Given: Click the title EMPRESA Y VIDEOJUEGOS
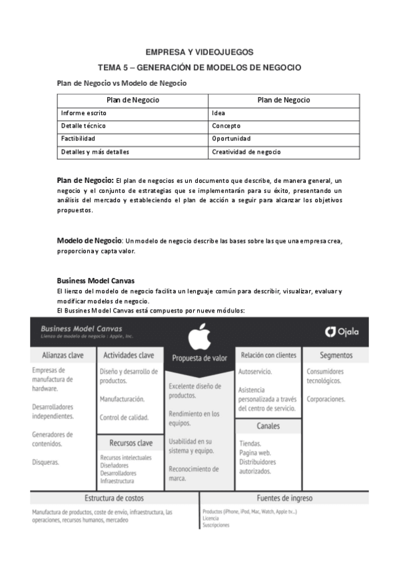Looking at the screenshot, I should (x=200, y=52).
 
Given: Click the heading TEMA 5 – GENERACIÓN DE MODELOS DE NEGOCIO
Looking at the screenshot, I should (x=200, y=67).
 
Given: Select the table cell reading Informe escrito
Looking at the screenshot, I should (x=83, y=113).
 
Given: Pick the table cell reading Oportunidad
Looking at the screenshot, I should (x=231, y=138).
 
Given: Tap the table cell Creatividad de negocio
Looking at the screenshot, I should (x=246, y=152).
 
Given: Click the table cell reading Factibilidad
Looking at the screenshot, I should (x=78, y=138).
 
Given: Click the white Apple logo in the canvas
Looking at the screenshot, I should (x=200, y=337).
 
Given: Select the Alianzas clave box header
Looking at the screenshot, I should (x=63, y=355).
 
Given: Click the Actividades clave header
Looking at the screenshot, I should (x=129, y=355).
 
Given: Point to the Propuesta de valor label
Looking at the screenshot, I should (x=200, y=358).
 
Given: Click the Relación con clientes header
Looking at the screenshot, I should (x=268, y=355).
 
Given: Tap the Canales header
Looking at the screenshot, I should (x=268, y=426).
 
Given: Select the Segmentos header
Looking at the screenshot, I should (x=336, y=355).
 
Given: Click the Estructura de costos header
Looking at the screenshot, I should (x=114, y=497).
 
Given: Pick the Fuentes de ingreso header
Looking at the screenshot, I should (x=284, y=497).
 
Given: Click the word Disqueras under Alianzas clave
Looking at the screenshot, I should (x=46, y=462).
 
